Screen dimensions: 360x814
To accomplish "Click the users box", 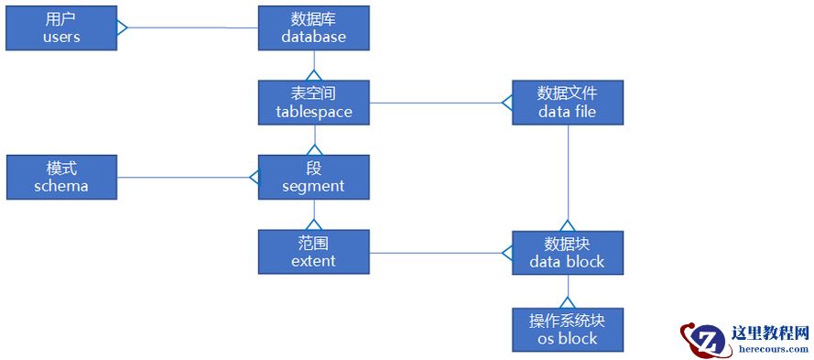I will tap(61, 27).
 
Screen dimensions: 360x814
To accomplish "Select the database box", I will tap(313, 27).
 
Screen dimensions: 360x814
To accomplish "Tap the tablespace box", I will tap(313, 103).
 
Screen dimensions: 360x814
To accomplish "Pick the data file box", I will tap(567, 103).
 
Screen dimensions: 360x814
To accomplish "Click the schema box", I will tap(61, 177).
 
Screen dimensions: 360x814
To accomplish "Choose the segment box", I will tap(313, 177).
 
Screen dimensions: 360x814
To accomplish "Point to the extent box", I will tap(313, 252).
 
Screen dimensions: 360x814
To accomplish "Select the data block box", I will tap(567, 253).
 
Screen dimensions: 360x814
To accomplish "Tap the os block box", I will tap(567, 329).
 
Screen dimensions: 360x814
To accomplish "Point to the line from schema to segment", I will tap(183, 177).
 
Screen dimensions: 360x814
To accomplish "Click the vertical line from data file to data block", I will tap(568, 174).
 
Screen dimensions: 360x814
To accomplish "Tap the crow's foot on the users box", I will tap(123, 27).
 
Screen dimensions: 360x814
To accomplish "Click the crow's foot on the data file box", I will tap(506, 103).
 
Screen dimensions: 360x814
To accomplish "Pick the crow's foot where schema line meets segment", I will tap(254, 177).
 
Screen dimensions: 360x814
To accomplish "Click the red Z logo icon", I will tap(701, 339).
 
